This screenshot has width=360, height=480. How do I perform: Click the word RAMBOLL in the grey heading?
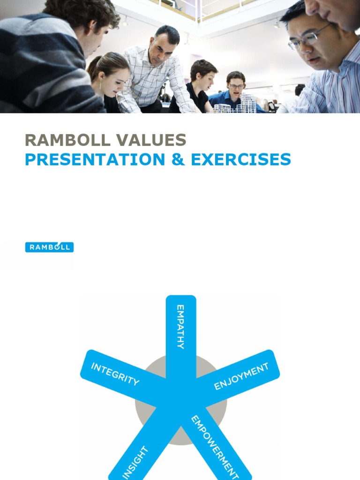67,140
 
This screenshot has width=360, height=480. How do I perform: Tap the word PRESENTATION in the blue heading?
95,159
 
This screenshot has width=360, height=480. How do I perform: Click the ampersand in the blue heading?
178,159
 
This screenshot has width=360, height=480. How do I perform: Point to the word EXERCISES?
241,159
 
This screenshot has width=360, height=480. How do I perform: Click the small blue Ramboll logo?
49,247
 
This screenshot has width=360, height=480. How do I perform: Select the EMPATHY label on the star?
180,327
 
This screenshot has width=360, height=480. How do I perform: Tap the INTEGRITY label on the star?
115,374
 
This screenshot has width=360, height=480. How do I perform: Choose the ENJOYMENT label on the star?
241,376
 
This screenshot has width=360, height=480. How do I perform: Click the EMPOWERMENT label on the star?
215,447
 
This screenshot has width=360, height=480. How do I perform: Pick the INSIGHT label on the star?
135,463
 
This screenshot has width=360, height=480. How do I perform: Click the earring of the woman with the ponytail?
100,86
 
